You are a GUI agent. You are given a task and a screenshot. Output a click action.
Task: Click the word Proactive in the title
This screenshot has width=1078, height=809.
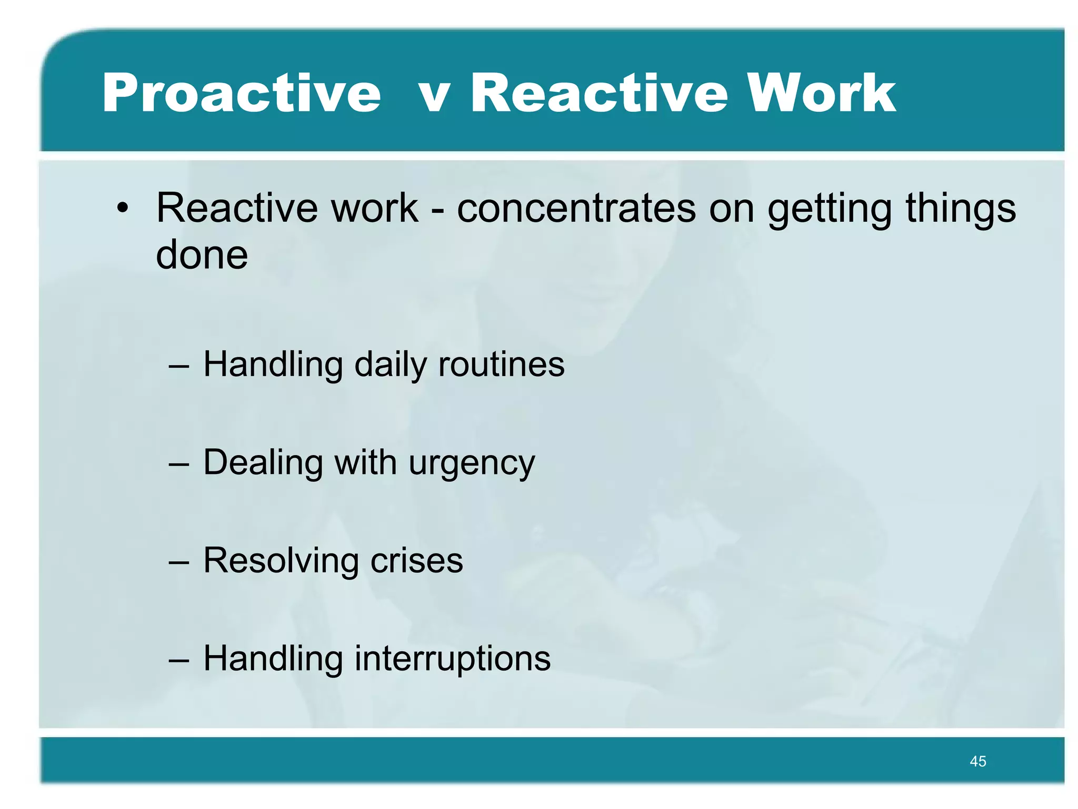pyautogui.click(x=241, y=93)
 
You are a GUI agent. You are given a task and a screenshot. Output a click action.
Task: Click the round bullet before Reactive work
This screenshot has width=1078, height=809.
pyautogui.click(x=123, y=208)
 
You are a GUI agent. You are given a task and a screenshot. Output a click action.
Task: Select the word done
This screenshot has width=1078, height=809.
pyautogui.click(x=202, y=254)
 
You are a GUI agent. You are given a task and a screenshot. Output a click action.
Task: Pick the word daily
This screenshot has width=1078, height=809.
pyautogui.click(x=390, y=365)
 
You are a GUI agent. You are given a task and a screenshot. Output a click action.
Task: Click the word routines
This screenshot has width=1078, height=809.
pyautogui.click(x=501, y=364)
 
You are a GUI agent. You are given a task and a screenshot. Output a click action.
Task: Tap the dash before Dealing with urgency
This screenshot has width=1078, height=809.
pyautogui.click(x=178, y=464)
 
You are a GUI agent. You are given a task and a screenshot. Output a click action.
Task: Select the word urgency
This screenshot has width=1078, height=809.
pyautogui.click(x=472, y=464)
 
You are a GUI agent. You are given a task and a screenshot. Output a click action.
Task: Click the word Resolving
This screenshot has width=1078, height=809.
pyautogui.click(x=280, y=560)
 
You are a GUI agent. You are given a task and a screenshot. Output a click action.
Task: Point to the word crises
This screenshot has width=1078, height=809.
pyautogui.click(x=416, y=560)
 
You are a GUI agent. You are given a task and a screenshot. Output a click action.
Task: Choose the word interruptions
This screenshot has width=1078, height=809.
pyautogui.click(x=452, y=659)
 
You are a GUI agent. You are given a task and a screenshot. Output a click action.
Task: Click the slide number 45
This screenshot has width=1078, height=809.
pyautogui.click(x=977, y=761)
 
